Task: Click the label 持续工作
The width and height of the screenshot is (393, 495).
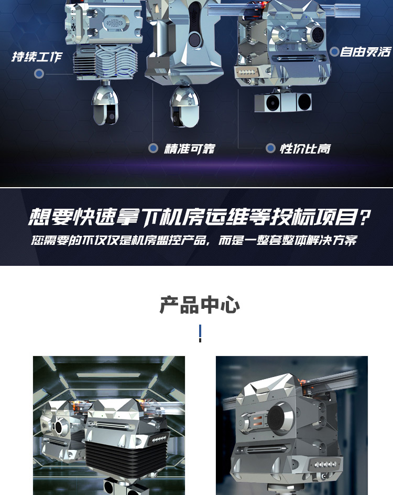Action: [x=37, y=57]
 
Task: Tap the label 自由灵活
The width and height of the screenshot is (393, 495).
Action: [x=366, y=52]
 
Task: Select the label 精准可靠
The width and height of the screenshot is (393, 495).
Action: [x=190, y=149]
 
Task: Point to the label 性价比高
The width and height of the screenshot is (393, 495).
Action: [x=305, y=148]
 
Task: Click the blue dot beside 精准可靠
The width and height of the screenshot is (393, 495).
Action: [x=154, y=148]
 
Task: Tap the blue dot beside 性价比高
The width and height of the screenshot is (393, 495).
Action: [x=270, y=148]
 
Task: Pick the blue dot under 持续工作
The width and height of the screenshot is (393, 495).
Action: [x=39, y=74]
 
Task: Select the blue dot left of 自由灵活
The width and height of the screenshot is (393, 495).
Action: [x=334, y=51]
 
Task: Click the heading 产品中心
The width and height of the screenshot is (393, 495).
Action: [x=200, y=305]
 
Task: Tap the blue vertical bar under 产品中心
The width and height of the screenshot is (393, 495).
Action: [x=200, y=333]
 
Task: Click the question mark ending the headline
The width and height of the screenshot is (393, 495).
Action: [x=365, y=218]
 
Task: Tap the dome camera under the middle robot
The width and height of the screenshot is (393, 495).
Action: [x=184, y=106]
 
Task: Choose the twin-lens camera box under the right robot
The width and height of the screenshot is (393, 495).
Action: [x=283, y=102]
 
